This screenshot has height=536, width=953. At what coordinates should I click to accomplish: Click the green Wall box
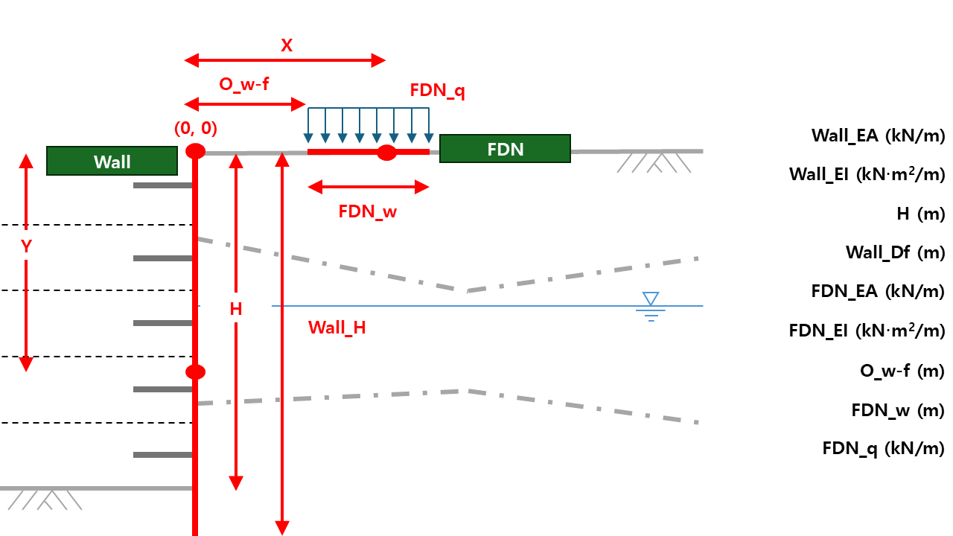[112, 161]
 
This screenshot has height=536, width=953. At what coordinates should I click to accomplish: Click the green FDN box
[505, 149]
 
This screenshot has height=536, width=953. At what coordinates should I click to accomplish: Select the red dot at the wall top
[195, 151]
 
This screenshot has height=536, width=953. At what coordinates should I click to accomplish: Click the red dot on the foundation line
[386, 153]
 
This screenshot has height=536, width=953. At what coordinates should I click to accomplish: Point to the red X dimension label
[287, 45]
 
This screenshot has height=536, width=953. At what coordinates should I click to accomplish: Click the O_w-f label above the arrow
[243, 84]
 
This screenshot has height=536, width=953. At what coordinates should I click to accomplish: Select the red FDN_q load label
[438, 91]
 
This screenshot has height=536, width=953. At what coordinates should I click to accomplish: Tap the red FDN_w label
[368, 211]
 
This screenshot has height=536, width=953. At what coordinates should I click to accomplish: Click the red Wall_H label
[337, 328]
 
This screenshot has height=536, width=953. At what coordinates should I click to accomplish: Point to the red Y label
[26, 246]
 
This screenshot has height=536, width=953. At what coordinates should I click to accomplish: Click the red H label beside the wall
[236, 309]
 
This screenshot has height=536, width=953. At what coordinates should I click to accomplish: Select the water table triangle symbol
[651, 299]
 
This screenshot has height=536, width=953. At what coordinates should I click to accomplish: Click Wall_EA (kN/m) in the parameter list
[878, 135]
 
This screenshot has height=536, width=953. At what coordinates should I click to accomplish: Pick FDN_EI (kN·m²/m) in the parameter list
[867, 331]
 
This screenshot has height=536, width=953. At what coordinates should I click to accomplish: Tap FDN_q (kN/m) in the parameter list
[883, 448]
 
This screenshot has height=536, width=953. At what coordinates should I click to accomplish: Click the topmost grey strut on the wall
[162, 185]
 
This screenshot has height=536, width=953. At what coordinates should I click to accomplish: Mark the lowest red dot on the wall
[195, 372]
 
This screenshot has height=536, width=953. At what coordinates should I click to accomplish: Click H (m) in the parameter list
[920, 214]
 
